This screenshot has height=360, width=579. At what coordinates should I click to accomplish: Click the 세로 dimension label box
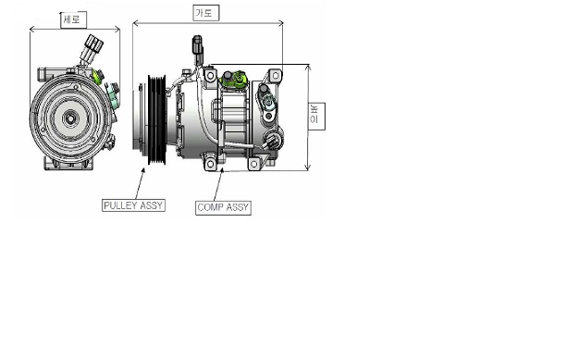(74, 20)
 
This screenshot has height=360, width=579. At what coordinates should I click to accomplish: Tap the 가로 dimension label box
(206, 13)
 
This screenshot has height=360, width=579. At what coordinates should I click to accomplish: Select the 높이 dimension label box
(317, 117)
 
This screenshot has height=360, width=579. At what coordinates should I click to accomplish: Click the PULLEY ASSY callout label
(133, 205)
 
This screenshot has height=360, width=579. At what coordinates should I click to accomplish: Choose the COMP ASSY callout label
(224, 207)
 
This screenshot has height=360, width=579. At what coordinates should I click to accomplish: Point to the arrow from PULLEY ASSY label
(140, 183)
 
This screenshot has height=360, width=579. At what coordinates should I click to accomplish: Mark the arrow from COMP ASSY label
(218, 184)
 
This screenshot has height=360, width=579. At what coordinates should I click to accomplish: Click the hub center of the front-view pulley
(69, 118)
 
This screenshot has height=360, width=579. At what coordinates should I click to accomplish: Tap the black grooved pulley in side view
(157, 119)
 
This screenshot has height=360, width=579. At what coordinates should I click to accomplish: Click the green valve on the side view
(234, 79)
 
